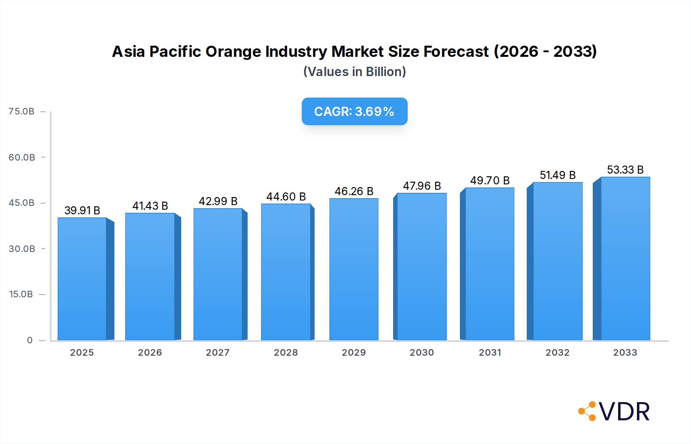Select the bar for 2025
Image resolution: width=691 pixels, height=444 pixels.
point(82,279)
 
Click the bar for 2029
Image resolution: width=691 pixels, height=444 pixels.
point(354,269)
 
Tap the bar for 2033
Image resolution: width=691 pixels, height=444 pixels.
point(625,258)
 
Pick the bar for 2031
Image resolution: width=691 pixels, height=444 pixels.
point(489,264)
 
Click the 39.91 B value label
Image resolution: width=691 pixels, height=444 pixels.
point(82,210)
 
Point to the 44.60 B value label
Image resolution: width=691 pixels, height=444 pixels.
point(286,197)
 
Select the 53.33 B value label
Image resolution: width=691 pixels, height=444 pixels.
point(625,170)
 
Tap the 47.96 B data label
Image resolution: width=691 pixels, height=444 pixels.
point(422,186)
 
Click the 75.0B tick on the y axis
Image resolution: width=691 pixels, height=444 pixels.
point(21,111)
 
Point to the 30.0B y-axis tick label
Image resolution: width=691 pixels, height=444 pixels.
point(22,249)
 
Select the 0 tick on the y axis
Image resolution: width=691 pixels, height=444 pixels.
point(30,340)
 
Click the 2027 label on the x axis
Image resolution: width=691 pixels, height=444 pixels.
point(218,353)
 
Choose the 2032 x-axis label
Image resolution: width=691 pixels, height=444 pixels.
point(557,353)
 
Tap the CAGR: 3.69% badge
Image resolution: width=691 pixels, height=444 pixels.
point(354,111)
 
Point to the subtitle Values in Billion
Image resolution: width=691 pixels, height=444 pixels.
point(354,72)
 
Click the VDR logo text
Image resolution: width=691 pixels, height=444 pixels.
point(624,412)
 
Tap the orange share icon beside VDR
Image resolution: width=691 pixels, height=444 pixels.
point(587,411)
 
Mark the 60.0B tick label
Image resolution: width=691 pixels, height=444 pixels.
point(22,157)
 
